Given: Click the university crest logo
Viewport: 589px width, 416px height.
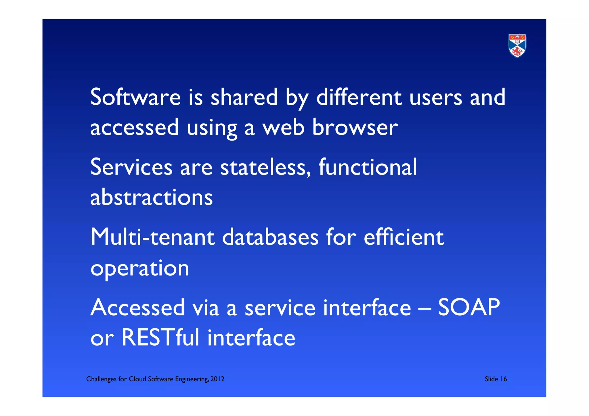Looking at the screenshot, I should (517, 46).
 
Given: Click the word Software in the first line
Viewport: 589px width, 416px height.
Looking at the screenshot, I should (135, 97).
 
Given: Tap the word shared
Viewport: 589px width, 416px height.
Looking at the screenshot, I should (244, 97).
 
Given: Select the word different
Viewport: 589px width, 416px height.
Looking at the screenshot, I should (359, 97).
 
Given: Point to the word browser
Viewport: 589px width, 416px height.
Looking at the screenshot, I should (355, 127).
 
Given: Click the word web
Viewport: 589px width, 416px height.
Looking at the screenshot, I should (283, 127).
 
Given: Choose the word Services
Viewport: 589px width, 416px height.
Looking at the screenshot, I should (131, 167).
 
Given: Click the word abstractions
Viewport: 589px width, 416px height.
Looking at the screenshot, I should (152, 198).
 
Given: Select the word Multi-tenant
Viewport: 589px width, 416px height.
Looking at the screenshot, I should (152, 237).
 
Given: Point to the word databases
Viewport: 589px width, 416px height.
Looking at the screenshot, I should (270, 237).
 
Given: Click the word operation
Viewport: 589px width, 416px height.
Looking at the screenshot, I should (140, 268).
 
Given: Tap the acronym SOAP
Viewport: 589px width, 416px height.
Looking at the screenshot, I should (469, 308).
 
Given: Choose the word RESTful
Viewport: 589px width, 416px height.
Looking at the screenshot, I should (160, 338).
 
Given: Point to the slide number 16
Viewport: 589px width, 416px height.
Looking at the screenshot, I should (503, 379).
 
